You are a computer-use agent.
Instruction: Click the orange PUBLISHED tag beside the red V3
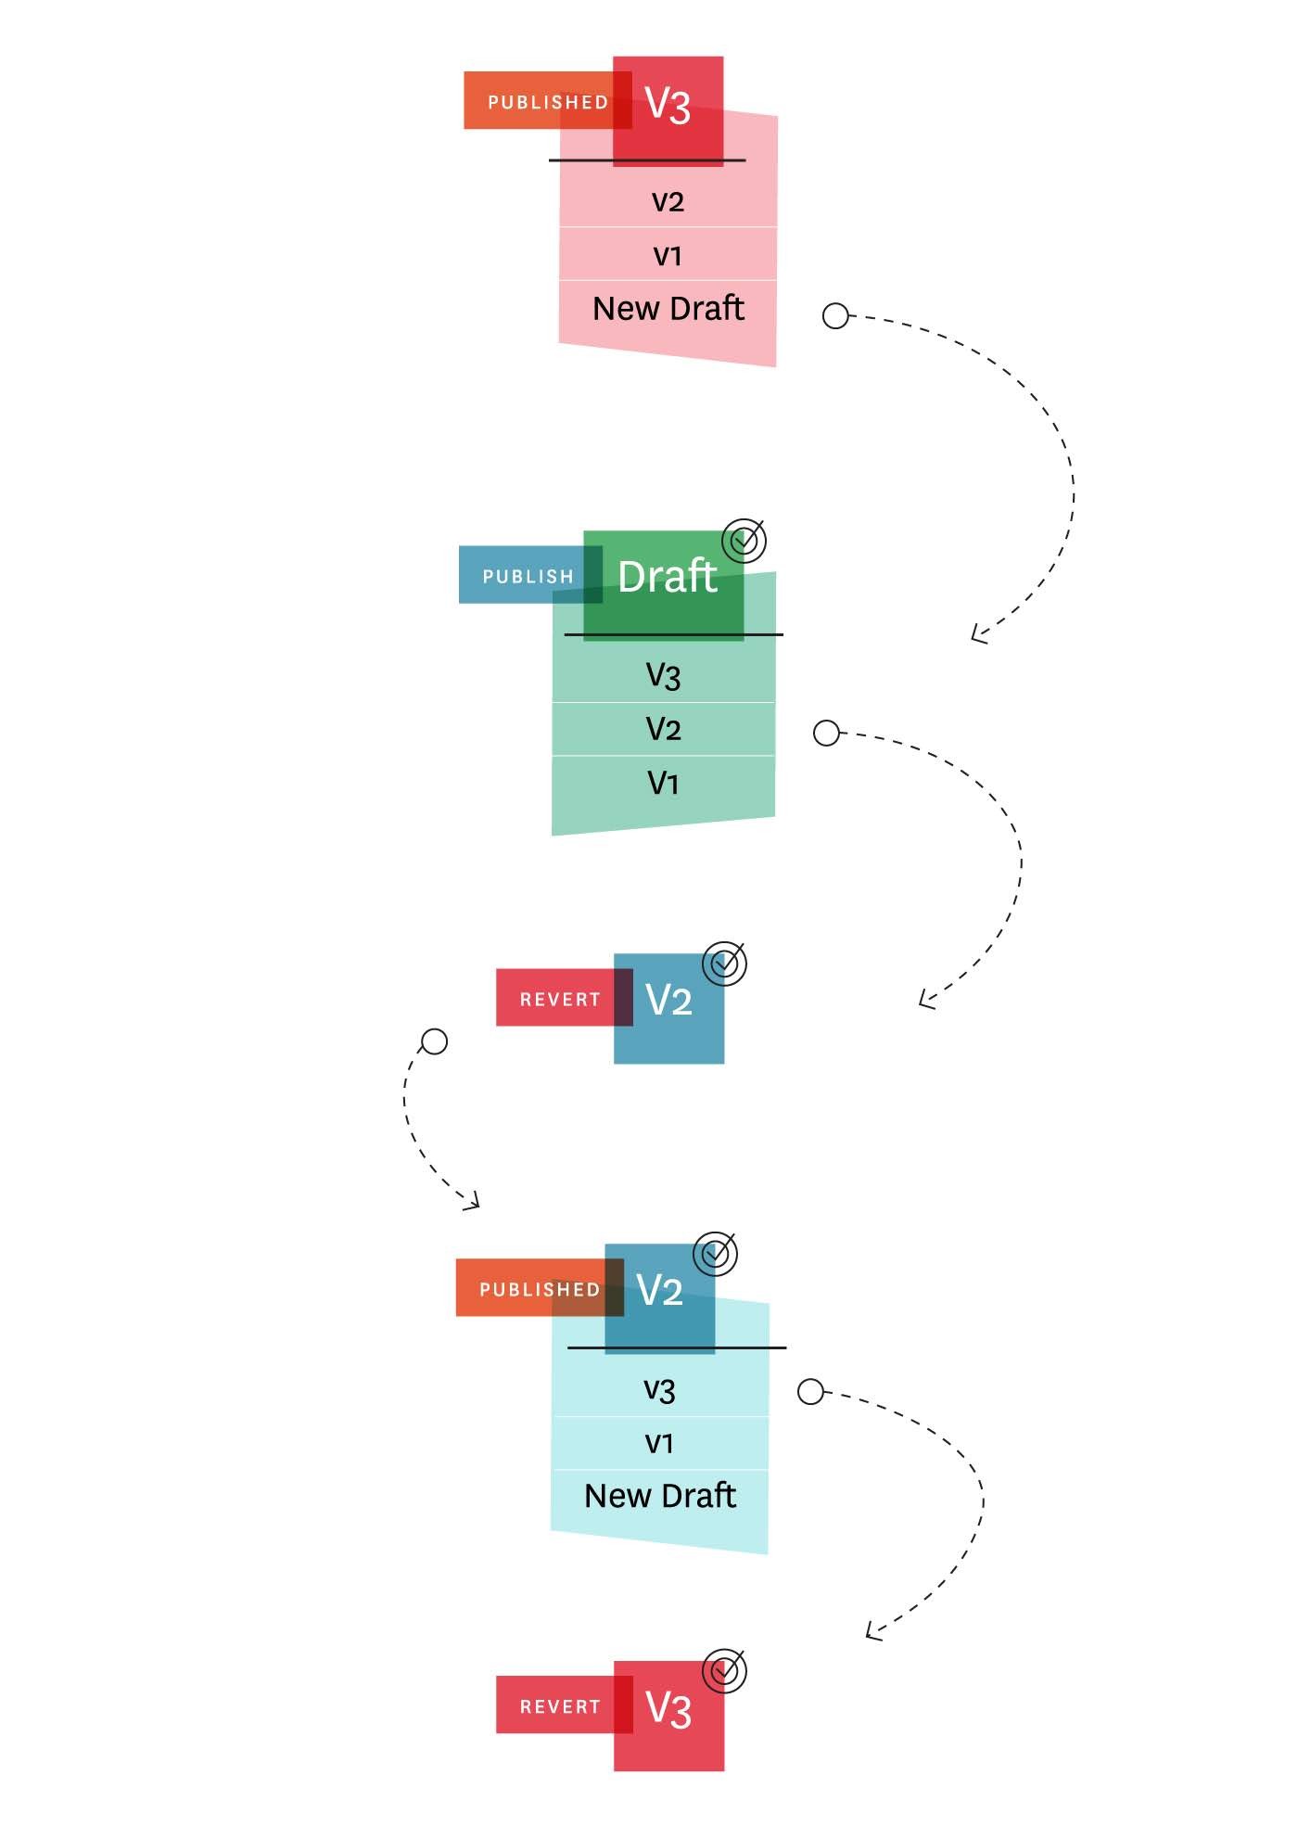point(548,100)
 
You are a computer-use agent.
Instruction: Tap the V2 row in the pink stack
point(668,201)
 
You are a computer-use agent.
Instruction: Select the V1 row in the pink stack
point(668,255)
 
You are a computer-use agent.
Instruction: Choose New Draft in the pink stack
point(668,309)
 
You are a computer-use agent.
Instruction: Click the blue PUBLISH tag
point(530,575)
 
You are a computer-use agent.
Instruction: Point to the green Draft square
point(664,585)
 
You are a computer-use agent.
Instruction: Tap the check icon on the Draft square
point(744,541)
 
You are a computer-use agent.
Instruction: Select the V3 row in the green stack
point(664,675)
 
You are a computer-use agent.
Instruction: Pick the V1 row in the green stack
point(664,783)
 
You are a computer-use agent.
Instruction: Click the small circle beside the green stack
point(826,734)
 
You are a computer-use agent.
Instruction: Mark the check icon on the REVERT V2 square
point(724,964)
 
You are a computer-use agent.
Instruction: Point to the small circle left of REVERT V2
point(434,1041)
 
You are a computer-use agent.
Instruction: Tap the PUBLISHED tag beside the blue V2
point(540,1288)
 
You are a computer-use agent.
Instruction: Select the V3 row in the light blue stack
point(660,1389)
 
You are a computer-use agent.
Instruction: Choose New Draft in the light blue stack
point(660,1496)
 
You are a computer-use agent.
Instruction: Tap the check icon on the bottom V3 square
point(724,1671)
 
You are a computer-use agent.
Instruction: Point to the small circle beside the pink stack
point(835,316)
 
